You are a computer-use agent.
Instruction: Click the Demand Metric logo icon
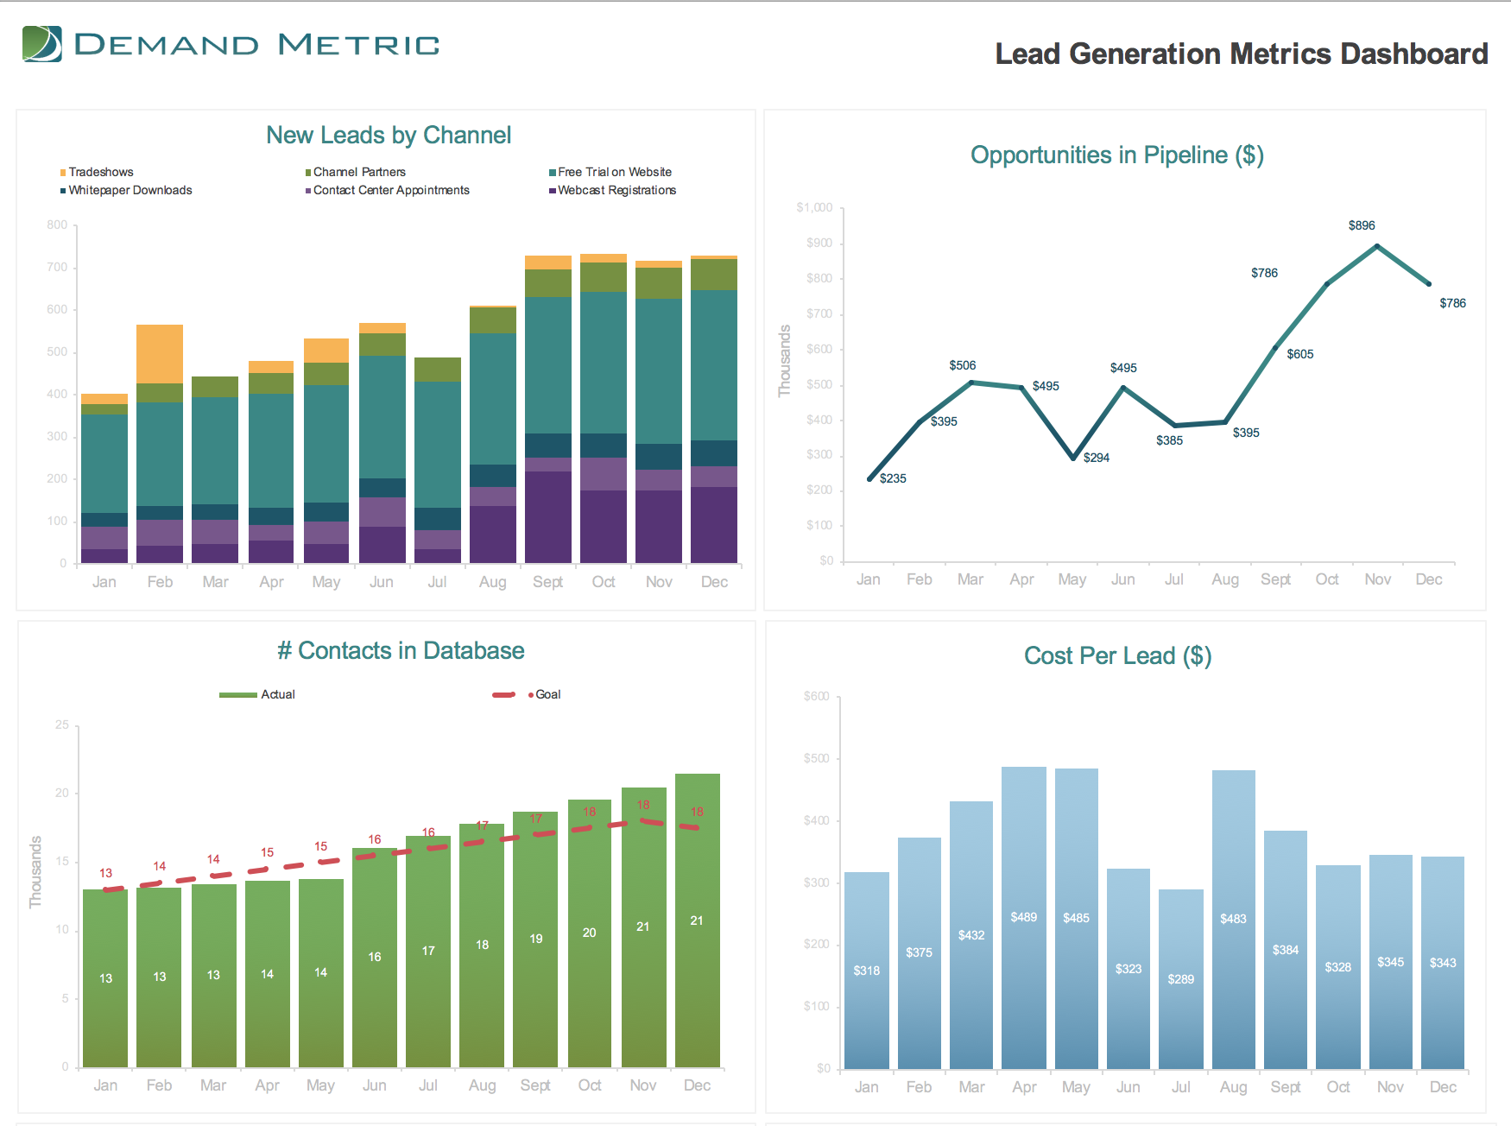coord(42,44)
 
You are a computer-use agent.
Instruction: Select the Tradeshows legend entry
coord(100,173)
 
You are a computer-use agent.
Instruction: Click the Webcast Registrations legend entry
coord(616,191)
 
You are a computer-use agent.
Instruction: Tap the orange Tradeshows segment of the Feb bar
coord(160,353)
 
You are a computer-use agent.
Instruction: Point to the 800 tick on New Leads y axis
coord(57,225)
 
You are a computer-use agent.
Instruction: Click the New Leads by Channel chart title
coord(389,136)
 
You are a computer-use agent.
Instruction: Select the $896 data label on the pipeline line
coord(1362,226)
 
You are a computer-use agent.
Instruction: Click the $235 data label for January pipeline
coord(893,479)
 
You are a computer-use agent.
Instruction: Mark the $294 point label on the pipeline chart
coord(1097,459)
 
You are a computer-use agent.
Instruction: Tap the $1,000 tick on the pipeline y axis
coord(814,208)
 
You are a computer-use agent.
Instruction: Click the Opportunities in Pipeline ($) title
coord(1116,155)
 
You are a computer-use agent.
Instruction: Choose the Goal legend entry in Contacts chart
coord(547,695)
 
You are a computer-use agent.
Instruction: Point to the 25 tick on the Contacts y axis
coord(62,725)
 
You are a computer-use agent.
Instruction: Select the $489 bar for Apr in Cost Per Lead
coord(1024,915)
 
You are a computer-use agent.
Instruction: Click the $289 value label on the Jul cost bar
coord(1180,980)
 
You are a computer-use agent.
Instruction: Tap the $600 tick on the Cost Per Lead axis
coord(816,697)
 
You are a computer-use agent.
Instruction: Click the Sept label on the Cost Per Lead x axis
coord(1285,1087)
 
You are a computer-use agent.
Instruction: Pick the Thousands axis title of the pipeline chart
coord(785,361)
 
